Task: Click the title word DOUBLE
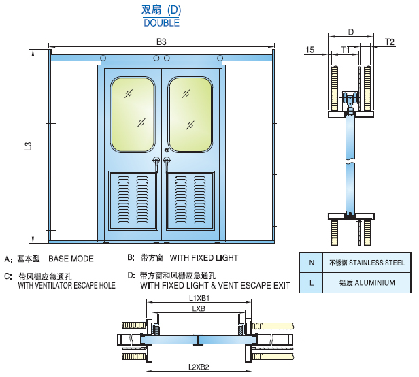point(161,22)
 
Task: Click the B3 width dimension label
point(162,42)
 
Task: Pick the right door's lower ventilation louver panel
point(190,201)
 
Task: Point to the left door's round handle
point(156,161)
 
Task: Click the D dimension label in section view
point(350,32)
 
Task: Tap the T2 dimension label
point(390,42)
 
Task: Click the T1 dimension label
point(346,50)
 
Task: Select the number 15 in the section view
point(309,50)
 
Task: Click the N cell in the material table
point(312,263)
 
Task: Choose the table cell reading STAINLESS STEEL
point(367,263)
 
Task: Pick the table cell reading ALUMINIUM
point(367,282)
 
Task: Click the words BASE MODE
point(71,259)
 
